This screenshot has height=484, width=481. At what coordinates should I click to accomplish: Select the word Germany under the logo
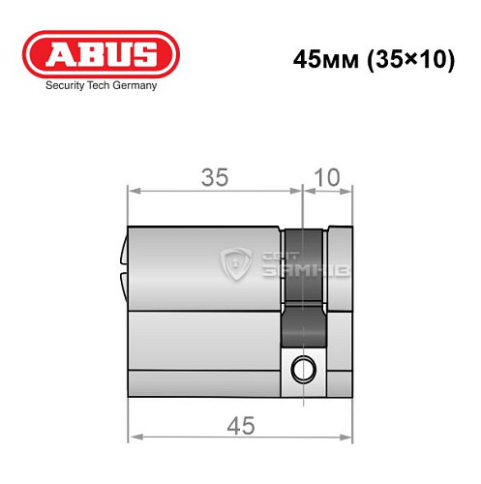(x=135, y=85)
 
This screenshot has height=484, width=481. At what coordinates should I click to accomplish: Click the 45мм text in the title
(x=320, y=58)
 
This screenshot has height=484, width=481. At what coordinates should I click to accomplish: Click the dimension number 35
(x=214, y=177)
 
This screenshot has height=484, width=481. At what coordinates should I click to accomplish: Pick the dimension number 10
(x=329, y=177)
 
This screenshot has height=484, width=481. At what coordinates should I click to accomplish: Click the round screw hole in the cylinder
(x=306, y=368)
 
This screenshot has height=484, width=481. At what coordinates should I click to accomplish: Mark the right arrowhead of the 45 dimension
(x=348, y=438)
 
